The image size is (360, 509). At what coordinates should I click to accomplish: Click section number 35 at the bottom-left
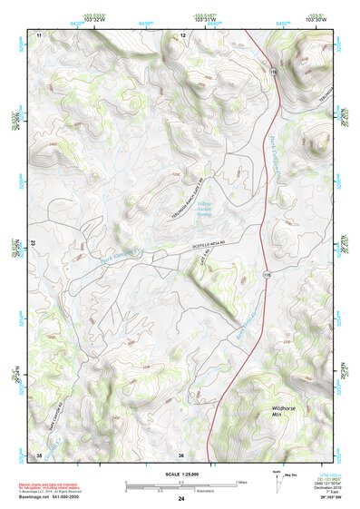[x=39, y=455]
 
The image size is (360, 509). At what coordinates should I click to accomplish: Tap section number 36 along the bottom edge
[x=181, y=455]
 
